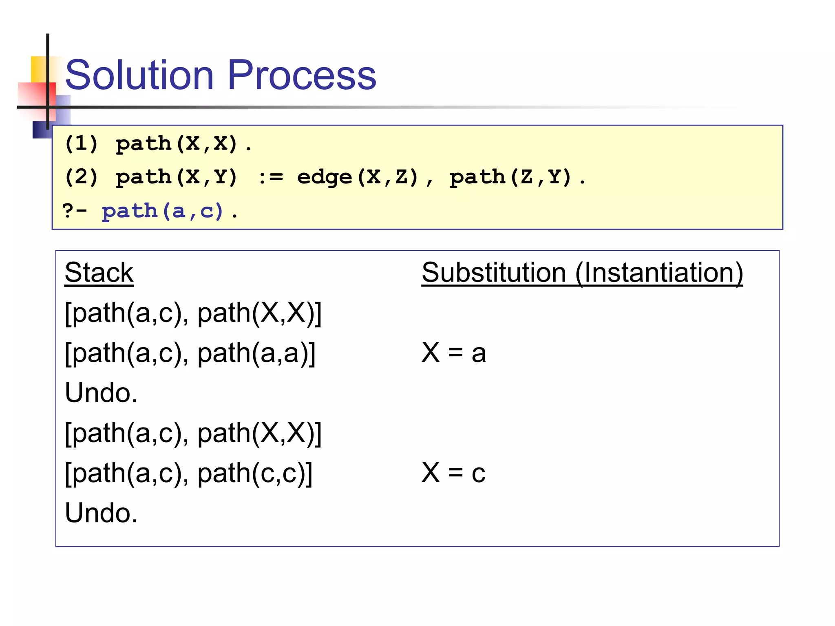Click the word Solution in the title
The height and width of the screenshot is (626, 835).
pos(139,75)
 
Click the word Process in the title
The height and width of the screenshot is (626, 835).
pos(302,75)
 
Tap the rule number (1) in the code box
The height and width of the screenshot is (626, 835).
pos(82,143)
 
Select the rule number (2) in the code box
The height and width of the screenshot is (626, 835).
pos(82,177)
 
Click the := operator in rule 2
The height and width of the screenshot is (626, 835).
pos(271,177)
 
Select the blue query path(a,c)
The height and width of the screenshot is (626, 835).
pos(163,211)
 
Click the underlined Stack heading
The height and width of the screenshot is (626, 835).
pos(99,273)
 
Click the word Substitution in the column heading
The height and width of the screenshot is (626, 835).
pos(493,273)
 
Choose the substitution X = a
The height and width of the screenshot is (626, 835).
pos(453,353)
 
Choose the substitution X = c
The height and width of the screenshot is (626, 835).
pos(453,473)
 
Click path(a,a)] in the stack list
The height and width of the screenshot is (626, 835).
pos(256,353)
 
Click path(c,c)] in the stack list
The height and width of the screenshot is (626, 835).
pos(255,473)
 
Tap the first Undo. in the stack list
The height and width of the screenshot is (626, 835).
pos(101,393)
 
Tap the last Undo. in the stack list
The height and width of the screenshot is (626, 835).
pos(101,513)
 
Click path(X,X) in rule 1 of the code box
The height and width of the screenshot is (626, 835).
pos(176,143)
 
